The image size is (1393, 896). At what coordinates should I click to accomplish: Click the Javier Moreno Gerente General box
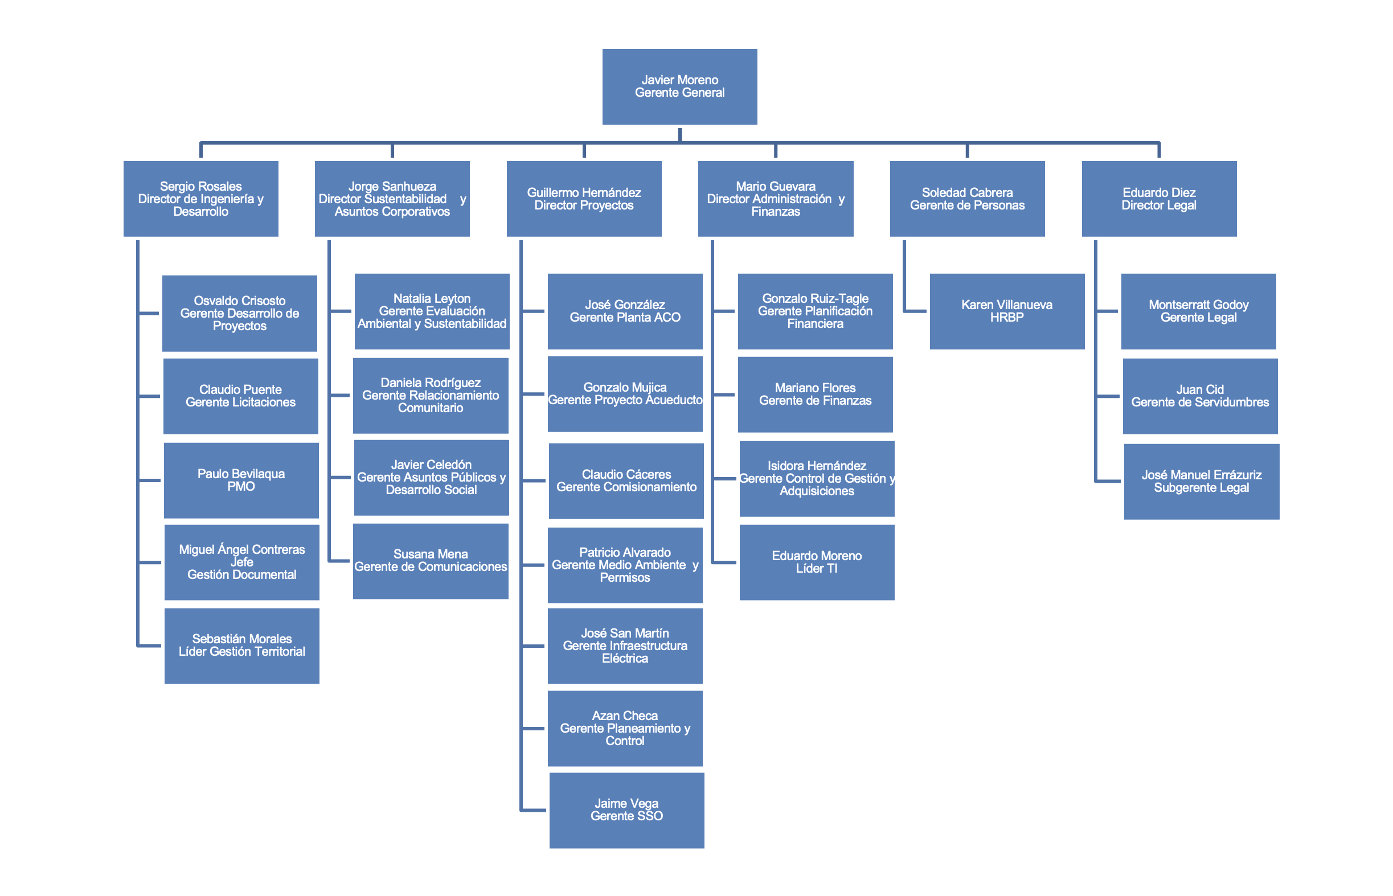(x=679, y=87)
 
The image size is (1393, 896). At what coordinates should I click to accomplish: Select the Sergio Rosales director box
(x=201, y=199)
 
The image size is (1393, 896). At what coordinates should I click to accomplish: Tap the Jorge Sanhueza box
(x=392, y=199)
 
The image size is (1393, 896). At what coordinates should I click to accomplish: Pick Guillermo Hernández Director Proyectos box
(x=584, y=199)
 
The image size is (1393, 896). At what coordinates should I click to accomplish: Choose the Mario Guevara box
(x=776, y=199)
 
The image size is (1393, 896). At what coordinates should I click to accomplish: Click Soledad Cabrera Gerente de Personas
(x=968, y=199)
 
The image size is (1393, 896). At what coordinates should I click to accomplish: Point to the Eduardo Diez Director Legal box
(x=1159, y=199)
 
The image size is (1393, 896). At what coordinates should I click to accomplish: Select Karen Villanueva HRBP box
(x=1007, y=311)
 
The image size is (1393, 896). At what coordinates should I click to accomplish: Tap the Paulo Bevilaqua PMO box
(x=241, y=480)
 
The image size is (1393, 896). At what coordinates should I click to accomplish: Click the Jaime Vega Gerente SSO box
(x=627, y=810)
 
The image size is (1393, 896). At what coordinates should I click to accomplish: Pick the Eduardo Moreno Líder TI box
(x=817, y=562)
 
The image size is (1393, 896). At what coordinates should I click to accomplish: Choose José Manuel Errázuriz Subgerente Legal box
(x=1202, y=482)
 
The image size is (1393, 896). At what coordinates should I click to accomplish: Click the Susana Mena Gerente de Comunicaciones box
(x=431, y=561)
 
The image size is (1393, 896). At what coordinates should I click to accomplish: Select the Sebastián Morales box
(x=241, y=646)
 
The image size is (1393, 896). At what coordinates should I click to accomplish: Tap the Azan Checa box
(x=625, y=729)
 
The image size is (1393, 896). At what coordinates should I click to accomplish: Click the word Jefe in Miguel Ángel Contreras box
(x=241, y=562)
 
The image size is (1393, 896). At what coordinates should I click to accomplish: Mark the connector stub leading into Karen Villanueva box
(x=915, y=311)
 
